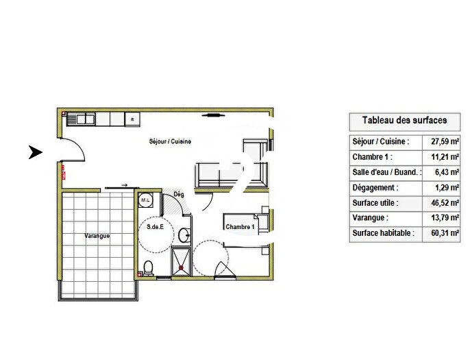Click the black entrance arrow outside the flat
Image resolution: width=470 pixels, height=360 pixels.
(35, 152)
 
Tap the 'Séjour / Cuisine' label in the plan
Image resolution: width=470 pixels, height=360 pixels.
(169, 141)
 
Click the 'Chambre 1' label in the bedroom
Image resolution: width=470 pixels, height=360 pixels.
(240, 227)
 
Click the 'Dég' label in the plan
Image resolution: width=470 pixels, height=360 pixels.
(179, 194)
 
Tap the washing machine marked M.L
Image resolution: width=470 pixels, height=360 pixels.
(145, 200)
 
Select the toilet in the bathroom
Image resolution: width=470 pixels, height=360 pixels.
(148, 267)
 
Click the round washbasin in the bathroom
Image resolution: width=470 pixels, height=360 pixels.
(184, 235)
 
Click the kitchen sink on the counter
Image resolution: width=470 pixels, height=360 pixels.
(86, 120)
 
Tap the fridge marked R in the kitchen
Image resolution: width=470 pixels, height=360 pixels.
(132, 120)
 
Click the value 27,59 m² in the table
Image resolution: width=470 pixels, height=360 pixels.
(444, 141)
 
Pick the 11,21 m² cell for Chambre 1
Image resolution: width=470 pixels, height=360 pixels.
(444, 157)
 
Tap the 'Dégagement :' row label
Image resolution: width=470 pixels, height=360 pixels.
(374, 187)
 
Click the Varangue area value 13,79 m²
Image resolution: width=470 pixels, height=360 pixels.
(444, 218)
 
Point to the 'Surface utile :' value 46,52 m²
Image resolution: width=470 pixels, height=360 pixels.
(444, 203)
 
